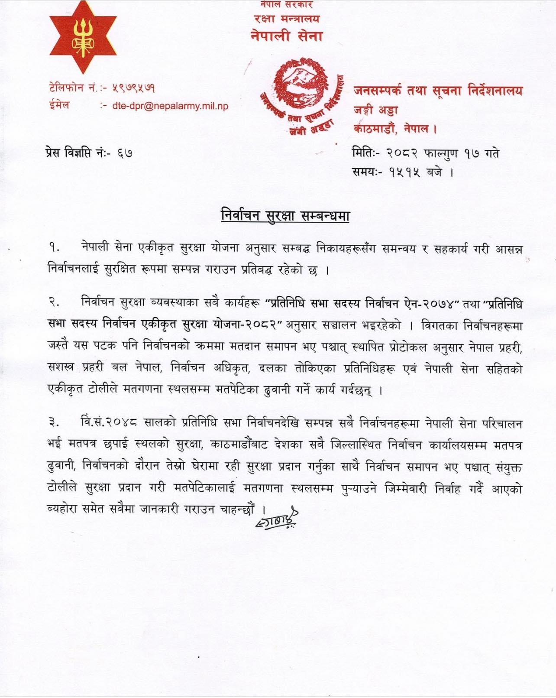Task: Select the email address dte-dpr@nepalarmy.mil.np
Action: pos(170,106)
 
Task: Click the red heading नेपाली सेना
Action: pos(287,36)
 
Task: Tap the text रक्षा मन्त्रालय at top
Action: pos(287,19)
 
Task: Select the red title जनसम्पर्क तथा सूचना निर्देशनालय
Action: pos(438,91)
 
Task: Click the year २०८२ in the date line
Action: pos(402,153)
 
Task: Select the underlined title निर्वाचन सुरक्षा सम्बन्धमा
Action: pos(284,215)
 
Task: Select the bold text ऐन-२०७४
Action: pos(429,304)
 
